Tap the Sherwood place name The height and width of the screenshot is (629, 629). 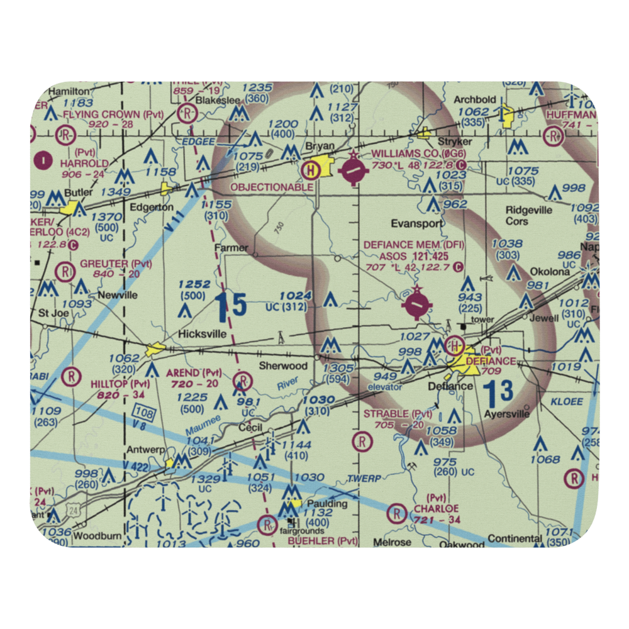[284, 365]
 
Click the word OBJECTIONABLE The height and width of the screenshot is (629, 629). [272, 187]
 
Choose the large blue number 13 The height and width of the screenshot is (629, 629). [500, 391]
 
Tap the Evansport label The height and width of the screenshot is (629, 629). [416, 223]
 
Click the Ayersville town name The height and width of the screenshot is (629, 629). [507, 414]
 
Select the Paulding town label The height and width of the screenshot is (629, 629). [327, 504]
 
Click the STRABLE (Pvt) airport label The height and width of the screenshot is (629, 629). [398, 413]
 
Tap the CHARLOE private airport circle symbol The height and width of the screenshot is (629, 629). [397, 514]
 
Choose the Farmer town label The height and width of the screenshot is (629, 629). [231, 247]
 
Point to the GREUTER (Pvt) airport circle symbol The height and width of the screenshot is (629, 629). [65, 272]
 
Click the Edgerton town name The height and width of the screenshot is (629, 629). [152, 207]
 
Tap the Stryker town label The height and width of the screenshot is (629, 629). [454, 142]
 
